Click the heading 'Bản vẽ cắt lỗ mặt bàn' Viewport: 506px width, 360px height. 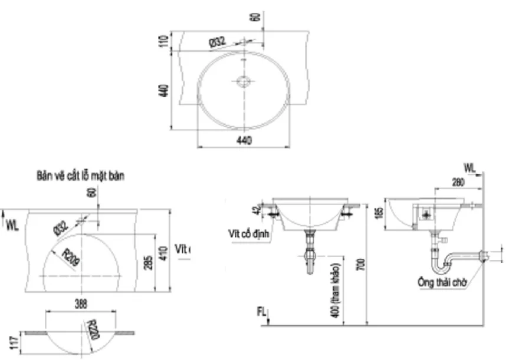(x=81, y=175)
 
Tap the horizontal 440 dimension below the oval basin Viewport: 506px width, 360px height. (x=244, y=140)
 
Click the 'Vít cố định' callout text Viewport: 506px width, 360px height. (x=249, y=233)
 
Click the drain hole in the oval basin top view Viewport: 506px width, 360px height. (x=244, y=81)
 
